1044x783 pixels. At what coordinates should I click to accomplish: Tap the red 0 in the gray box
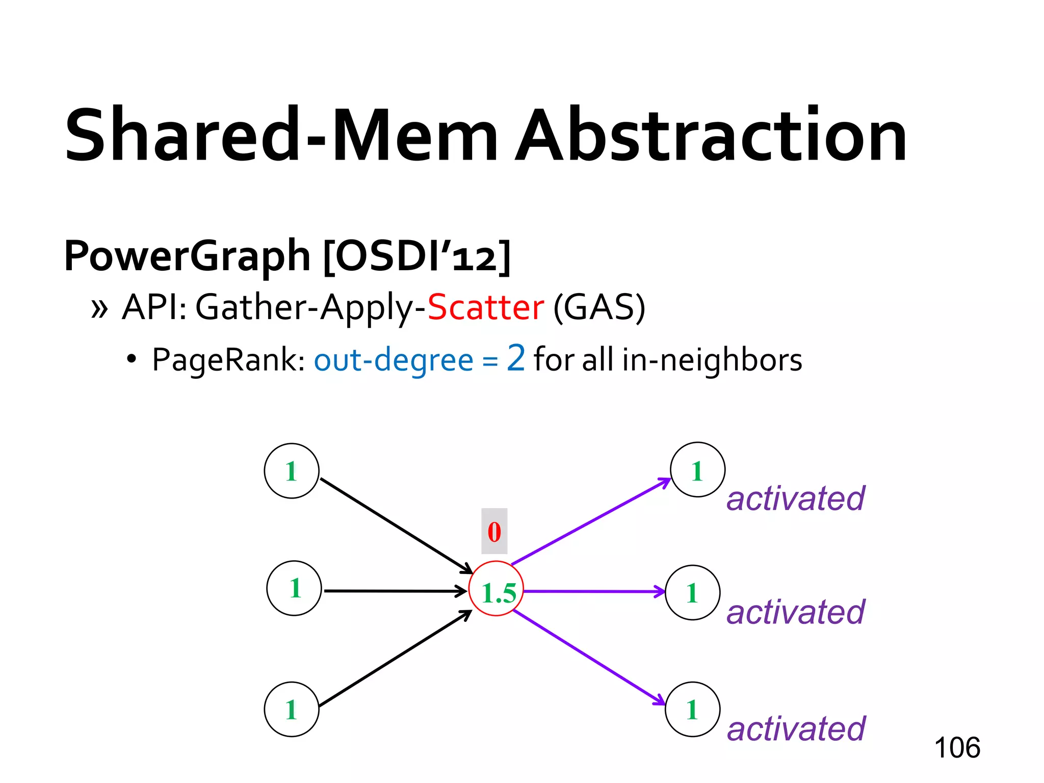tap(494, 531)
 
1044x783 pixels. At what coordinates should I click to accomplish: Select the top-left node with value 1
tap(292, 471)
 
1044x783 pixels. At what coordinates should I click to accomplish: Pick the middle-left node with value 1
tap(294, 588)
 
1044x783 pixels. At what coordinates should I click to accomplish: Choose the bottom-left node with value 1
tap(292, 709)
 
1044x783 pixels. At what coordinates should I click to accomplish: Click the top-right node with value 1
tap(697, 469)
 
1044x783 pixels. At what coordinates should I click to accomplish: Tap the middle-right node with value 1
tap(693, 592)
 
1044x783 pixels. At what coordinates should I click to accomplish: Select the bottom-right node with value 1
tap(693, 709)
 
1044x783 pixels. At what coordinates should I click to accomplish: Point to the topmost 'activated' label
tap(796, 499)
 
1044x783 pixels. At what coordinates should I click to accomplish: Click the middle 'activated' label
tap(796, 612)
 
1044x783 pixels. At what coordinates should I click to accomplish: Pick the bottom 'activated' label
tap(796, 728)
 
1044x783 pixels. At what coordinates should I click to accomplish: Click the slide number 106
tap(957, 748)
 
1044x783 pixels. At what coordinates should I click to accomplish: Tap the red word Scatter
tap(486, 307)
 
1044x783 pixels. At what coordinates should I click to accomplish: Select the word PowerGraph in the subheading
tap(187, 256)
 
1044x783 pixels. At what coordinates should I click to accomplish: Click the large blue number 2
tap(516, 358)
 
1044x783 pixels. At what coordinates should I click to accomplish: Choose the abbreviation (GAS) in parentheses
tap(599, 307)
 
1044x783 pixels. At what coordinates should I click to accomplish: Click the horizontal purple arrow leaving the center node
tap(594, 591)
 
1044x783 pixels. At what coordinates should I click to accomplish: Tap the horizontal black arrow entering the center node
tap(395, 591)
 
